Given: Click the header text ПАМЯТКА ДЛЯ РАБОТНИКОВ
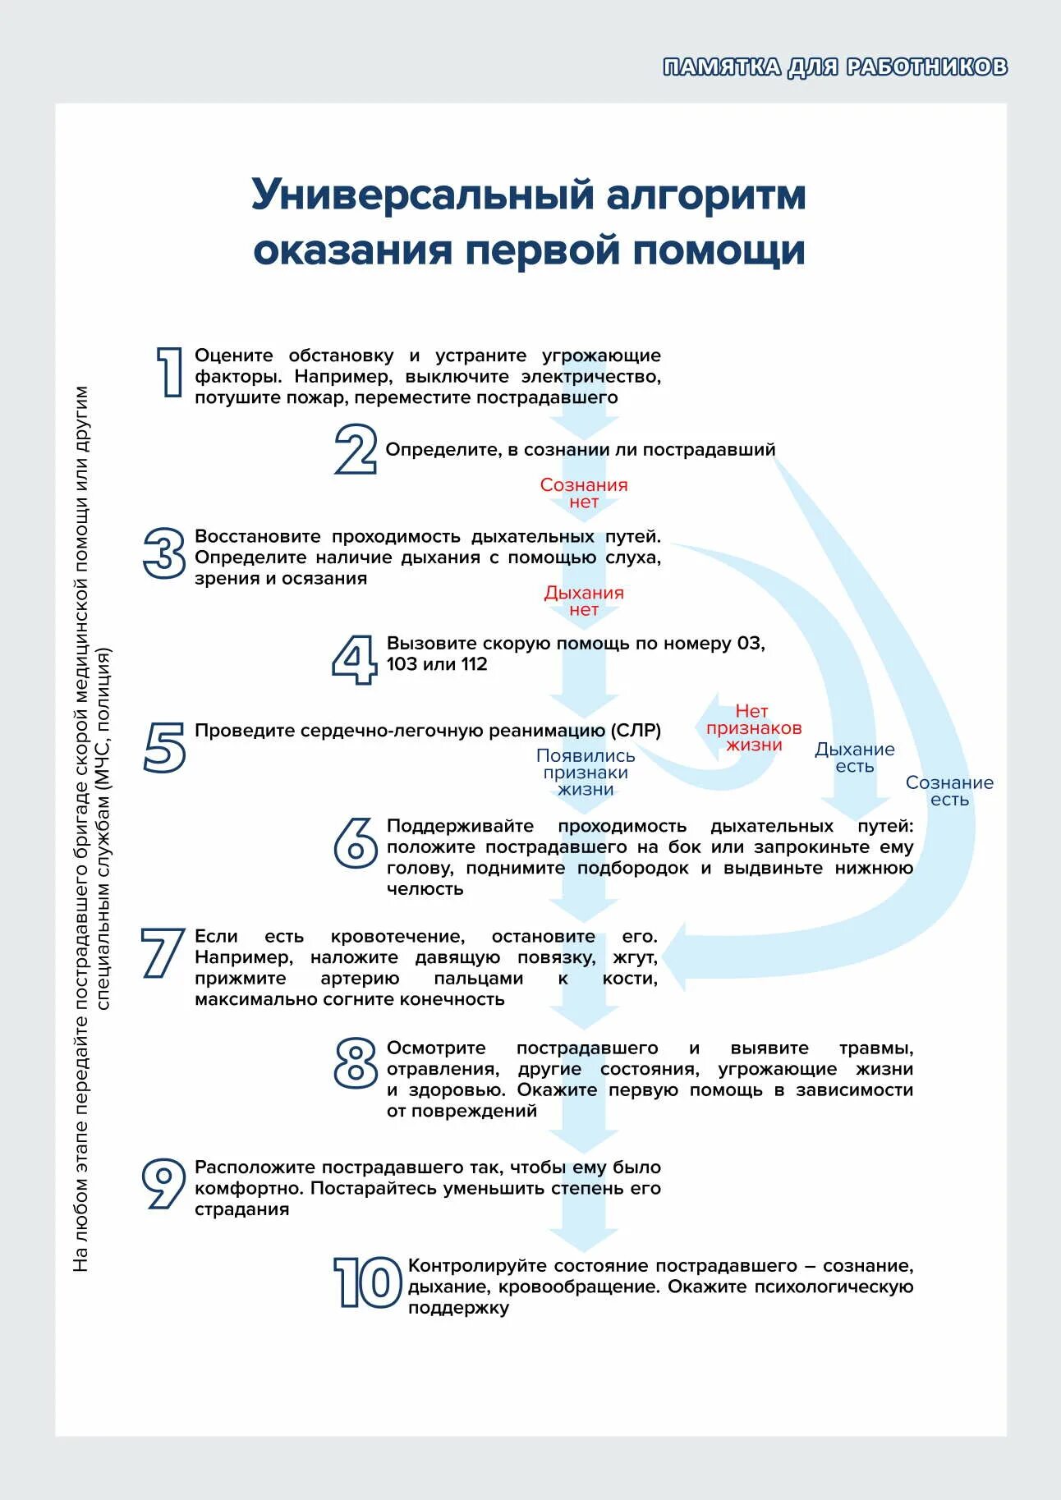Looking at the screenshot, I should (835, 67).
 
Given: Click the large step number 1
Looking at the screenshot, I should (169, 372).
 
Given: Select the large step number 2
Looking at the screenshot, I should (356, 449).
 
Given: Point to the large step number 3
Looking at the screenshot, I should (164, 553).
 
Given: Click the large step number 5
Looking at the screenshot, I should (164, 746).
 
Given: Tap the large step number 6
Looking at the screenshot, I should (356, 842).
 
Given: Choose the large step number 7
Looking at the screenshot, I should (162, 953).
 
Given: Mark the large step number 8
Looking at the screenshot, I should (356, 1063).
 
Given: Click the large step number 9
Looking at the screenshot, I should (163, 1183).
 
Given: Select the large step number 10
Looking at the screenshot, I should (366, 1282).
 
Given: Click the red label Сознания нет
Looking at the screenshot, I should (584, 493).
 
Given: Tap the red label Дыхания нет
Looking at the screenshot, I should (584, 601).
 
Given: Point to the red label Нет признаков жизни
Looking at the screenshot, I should (753, 728).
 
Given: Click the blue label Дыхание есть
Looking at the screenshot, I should (854, 758).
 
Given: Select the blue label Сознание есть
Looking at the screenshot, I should (949, 791).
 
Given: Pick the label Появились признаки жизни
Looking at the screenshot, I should (586, 773).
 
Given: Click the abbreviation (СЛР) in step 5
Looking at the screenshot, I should (635, 731).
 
